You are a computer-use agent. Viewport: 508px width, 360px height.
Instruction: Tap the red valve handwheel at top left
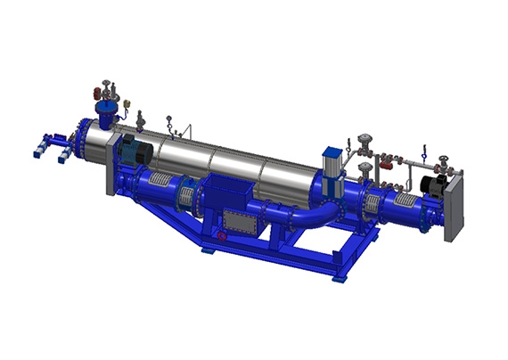[x=96, y=91]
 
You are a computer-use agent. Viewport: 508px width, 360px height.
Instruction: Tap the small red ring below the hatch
[x=222, y=236]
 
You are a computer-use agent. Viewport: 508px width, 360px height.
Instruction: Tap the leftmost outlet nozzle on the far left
[x=37, y=152]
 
